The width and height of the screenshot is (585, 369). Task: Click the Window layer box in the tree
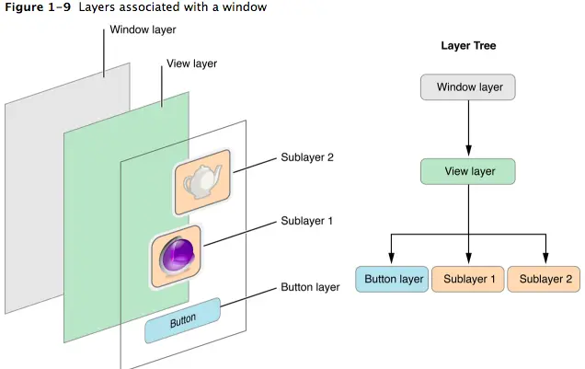[469, 87]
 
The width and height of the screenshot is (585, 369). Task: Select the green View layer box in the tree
[469, 171]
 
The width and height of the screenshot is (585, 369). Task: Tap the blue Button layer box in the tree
[393, 279]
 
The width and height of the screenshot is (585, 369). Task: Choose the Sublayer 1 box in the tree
[469, 279]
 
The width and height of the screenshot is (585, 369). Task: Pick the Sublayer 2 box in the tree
[545, 279]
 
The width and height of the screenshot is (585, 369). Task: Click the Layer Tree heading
[469, 45]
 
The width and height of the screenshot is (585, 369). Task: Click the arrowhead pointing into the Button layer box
[393, 258]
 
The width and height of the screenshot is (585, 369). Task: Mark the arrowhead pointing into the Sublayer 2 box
[546, 258]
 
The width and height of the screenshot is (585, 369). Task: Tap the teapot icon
[201, 182]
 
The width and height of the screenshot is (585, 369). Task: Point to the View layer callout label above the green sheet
[191, 64]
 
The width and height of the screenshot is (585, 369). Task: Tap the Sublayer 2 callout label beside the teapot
[307, 157]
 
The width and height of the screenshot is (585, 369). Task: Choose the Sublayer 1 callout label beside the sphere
[307, 221]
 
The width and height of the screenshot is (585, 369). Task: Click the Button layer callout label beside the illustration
[310, 287]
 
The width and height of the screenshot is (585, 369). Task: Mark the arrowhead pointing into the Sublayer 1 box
[469, 258]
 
